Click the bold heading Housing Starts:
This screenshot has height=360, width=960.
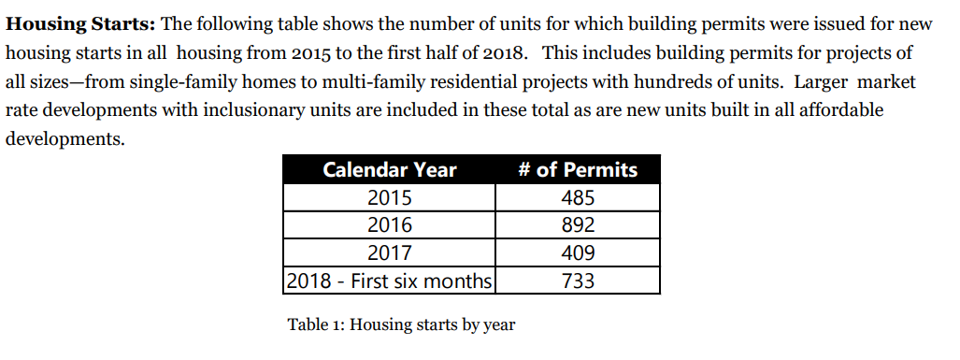click(80, 25)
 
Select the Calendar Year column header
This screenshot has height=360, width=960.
click(390, 169)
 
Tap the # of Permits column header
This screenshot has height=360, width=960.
click(578, 169)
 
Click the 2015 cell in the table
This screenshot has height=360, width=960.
click(390, 197)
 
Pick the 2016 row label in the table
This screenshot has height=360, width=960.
click(390, 225)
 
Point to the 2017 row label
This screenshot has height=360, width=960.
click(390, 252)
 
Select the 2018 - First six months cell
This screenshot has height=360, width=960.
click(390, 281)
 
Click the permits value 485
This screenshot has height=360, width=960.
click(578, 197)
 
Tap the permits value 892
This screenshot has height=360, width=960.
click(578, 225)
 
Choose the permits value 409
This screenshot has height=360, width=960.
click(578, 252)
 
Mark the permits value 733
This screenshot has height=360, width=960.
click(578, 281)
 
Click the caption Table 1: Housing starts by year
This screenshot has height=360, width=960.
click(402, 324)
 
